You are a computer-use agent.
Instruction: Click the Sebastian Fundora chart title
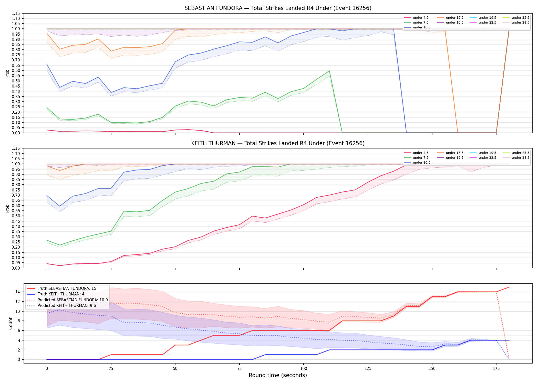[278, 8]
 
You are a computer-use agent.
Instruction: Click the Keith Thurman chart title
[278, 143]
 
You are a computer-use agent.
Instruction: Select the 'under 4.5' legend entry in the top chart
[416, 18]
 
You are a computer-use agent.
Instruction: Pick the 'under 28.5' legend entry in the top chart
[516, 23]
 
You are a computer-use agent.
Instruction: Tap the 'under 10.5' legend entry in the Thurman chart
[417, 163]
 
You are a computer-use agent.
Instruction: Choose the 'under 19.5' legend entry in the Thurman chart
[483, 153]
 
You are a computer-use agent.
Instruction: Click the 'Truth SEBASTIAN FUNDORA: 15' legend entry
[61, 289]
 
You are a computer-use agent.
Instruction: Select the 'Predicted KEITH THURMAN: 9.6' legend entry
[61, 305]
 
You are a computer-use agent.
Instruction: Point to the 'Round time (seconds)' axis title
[278, 375]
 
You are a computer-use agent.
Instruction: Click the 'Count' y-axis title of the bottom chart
[11, 323]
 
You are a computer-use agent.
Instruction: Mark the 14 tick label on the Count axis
[18, 292]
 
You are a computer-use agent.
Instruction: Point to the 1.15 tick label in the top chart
[16, 13]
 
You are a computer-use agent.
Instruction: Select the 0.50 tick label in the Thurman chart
[16, 216]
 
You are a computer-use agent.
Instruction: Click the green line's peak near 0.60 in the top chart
[329, 71]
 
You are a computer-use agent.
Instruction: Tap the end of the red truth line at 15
[509, 287]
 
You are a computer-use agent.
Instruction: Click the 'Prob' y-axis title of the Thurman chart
[7, 208]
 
